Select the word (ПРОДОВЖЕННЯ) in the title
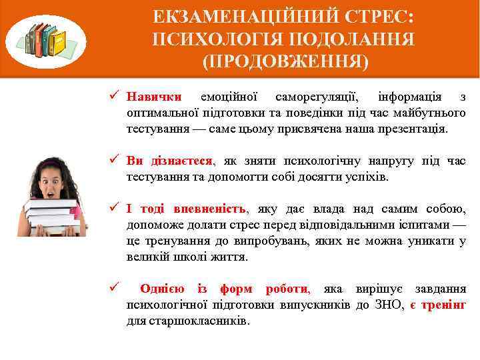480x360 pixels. [284, 62]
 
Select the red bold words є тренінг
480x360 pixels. [438, 305]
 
